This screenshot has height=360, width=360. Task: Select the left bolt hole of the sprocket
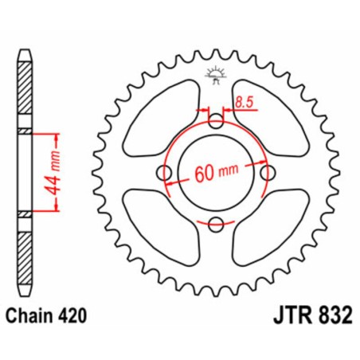coord(165,174)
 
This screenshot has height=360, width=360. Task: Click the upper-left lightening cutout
coord(159,119)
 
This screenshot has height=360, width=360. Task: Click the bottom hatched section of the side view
coord(26,255)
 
